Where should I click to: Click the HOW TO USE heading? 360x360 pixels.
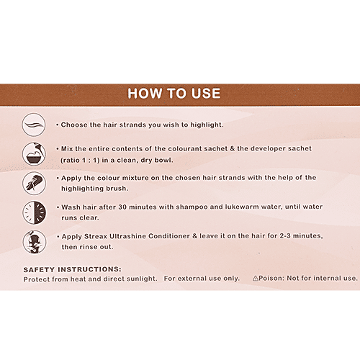pos(174,94)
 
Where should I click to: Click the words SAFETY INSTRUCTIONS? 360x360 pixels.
pos(73,269)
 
